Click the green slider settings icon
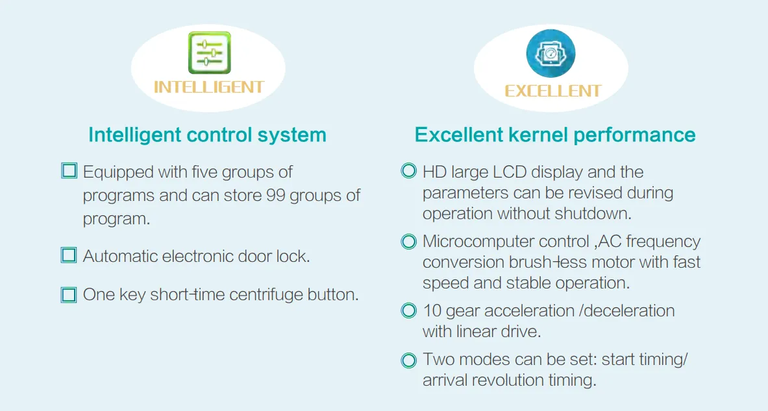tap(210, 53)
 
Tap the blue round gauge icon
tap(551, 53)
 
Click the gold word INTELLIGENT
tap(209, 88)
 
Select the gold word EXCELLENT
tap(553, 91)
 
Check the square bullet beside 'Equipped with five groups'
tap(69, 170)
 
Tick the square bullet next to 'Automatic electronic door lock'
tap(69, 255)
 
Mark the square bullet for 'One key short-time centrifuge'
tap(69, 294)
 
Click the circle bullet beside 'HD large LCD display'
tap(408, 170)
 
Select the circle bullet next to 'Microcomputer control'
tap(408, 241)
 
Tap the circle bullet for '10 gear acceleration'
tap(408, 311)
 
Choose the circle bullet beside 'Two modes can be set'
tap(408, 360)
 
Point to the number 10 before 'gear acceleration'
tap(432, 311)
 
